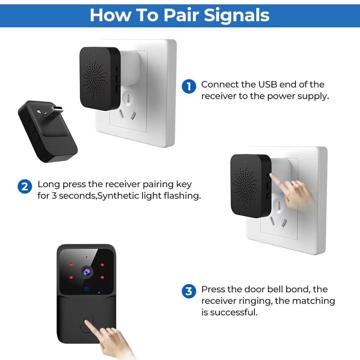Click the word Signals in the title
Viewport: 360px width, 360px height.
pyautogui.click(x=237, y=15)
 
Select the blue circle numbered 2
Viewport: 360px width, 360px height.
pyautogui.click(x=25, y=187)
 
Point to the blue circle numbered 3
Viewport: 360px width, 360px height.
pyautogui.click(x=189, y=291)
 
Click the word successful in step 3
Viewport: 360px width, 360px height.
pyautogui.click(x=234, y=312)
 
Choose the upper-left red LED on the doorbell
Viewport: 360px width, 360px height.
pyautogui.click(x=72, y=264)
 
